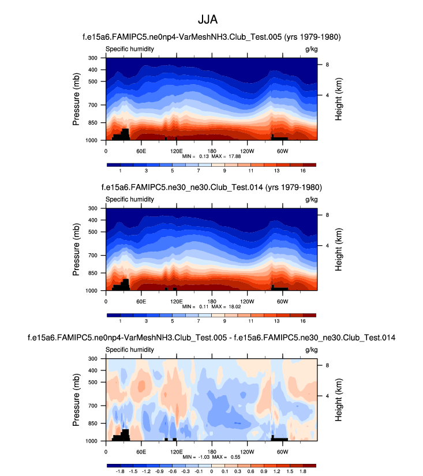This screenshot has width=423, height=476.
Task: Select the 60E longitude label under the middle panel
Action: [140, 301]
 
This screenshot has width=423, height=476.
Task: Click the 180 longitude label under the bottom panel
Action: [212, 451]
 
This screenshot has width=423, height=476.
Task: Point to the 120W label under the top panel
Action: [247, 151]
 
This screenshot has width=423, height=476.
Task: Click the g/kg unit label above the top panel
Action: [311, 49]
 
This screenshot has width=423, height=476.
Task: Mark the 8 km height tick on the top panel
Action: [327, 65]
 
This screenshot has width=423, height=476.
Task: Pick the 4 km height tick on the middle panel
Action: [327, 245]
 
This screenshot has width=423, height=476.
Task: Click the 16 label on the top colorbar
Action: [303, 171]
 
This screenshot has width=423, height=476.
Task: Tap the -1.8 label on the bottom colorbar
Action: [121, 471]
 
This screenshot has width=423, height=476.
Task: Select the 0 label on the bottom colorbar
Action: [212, 471]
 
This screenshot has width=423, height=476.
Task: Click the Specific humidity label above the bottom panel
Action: [129, 350]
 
